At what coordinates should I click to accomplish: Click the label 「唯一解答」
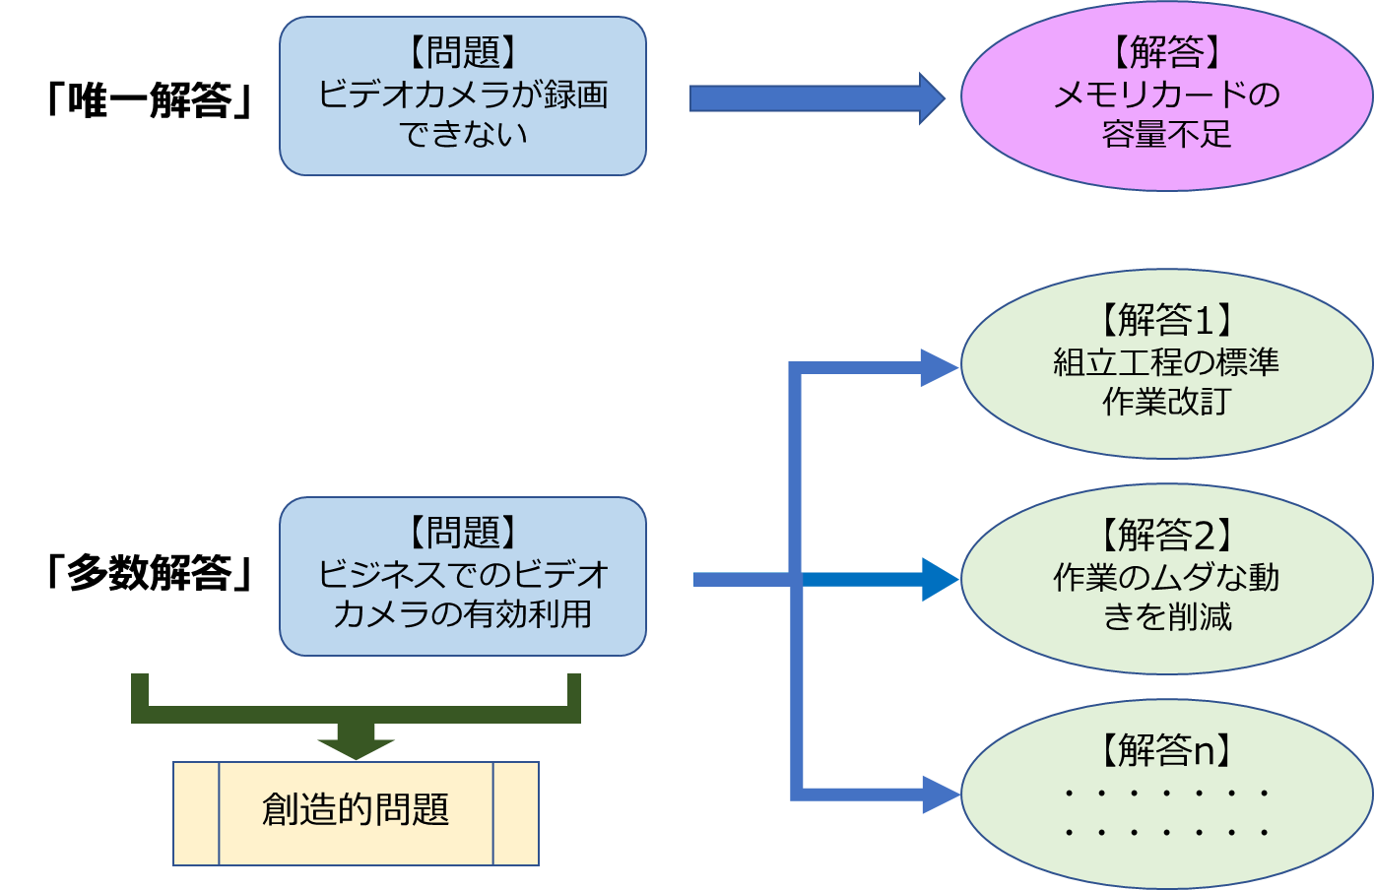click(x=150, y=99)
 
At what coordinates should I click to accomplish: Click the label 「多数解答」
click(x=150, y=573)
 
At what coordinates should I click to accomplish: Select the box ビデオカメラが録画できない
click(x=463, y=96)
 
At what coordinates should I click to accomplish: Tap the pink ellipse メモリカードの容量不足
click(x=1166, y=95)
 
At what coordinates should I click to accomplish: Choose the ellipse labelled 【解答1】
click(x=1166, y=363)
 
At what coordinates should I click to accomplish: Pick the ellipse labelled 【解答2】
click(x=1166, y=579)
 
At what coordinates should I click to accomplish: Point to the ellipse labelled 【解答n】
click(x=1166, y=794)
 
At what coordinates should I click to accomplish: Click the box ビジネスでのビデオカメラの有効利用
click(x=463, y=576)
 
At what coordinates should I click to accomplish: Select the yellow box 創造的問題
click(x=356, y=813)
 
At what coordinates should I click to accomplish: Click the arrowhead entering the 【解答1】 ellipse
click(x=938, y=368)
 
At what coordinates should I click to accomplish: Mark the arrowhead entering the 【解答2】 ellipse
click(x=938, y=579)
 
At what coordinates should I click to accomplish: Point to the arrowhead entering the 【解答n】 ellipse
click(x=939, y=794)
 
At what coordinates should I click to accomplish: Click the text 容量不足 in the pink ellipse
click(x=1166, y=134)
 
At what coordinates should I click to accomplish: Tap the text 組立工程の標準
click(x=1166, y=362)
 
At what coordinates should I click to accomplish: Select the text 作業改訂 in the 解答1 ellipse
click(x=1166, y=402)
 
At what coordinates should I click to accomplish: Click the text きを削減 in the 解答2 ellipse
click(x=1166, y=617)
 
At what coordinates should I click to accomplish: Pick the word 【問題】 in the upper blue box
click(x=463, y=53)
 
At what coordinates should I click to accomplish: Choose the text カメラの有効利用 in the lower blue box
click(x=463, y=614)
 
